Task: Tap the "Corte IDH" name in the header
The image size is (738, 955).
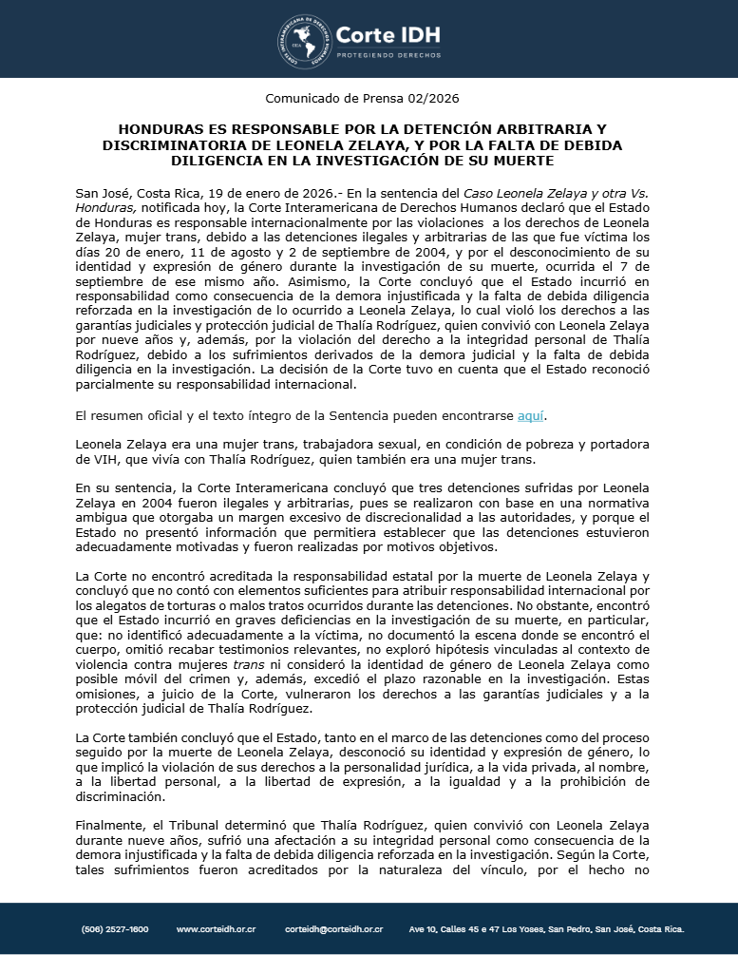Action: pos(388,35)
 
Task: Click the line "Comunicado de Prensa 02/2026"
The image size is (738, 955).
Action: pos(369,97)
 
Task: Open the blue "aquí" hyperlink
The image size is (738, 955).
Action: pos(531,416)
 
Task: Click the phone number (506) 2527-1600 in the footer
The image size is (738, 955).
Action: pos(115,929)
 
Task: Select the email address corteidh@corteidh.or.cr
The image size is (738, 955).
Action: pos(333,929)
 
